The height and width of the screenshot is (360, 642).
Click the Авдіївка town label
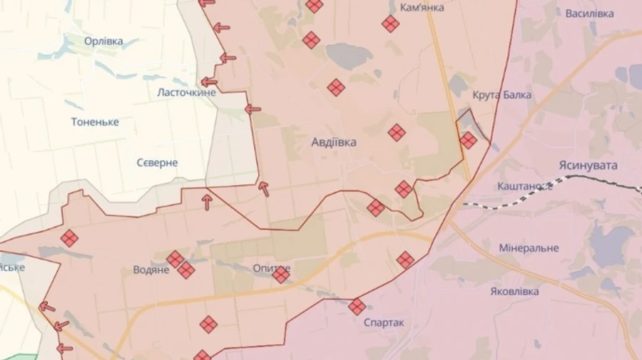click(x=334, y=142)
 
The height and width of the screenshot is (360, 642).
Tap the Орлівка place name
click(x=103, y=41)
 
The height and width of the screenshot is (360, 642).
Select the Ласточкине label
click(x=186, y=93)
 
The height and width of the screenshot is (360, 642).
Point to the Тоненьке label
click(x=95, y=122)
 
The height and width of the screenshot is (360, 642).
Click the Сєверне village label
click(x=157, y=163)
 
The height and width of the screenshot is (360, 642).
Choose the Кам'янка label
click(x=422, y=7)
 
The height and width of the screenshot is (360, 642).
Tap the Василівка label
click(x=589, y=14)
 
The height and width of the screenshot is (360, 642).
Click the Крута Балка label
click(x=501, y=95)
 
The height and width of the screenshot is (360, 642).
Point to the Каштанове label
click(x=525, y=186)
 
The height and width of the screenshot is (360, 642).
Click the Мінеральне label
click(x=529, y=248)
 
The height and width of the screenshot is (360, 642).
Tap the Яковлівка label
click(x=515, y=292)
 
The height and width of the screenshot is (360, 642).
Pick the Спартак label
click(x=384, y=322)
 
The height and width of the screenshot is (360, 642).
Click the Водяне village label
click(x=151, y=270)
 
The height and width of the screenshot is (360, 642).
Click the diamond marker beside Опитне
click(x=281, y=274)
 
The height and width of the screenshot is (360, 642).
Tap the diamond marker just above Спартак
click(x=357, y=307)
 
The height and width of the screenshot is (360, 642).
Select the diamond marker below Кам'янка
click(x=390, y=24)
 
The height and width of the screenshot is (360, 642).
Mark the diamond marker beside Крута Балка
click(x=468, y=140)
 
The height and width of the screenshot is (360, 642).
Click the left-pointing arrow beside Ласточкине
click(x=209, y=82)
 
